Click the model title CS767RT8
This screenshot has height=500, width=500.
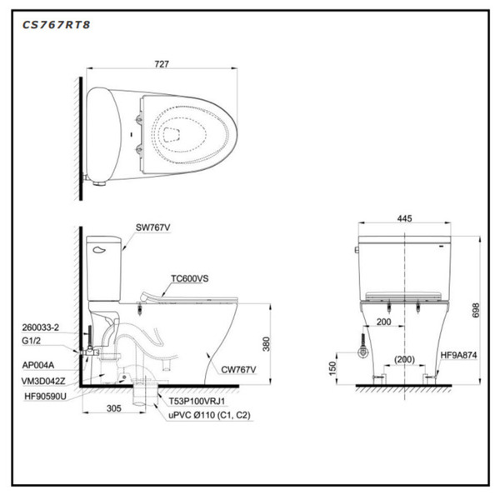57,25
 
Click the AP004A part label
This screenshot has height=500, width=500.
39,365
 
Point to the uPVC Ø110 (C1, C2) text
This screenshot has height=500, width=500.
204,414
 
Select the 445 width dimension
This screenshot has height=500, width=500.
404,218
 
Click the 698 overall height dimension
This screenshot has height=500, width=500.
477,310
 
